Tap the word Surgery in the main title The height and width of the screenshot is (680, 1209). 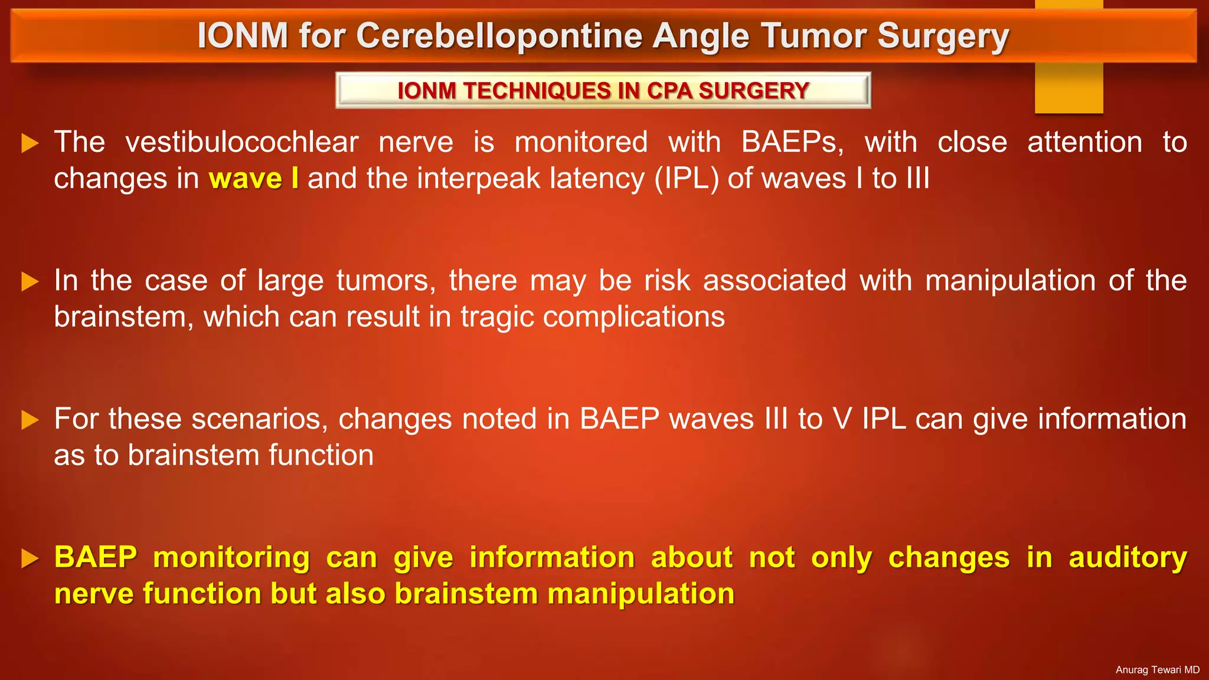pyautogui.click(x=943, y=37)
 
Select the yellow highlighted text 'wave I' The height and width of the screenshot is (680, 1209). pyautogui.click(x=253, y=178)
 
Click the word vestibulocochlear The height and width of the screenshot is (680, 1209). pyautogui.click(x=242, y=142)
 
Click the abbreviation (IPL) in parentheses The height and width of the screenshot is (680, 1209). pyautogui.click(x=686, y=178)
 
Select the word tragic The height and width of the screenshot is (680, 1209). pyautogui.click(x=497, y=317)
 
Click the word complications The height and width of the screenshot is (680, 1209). pyautogui.click(x=633, y=317)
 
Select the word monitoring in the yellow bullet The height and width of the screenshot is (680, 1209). pyautogui.click(x=231, y=558)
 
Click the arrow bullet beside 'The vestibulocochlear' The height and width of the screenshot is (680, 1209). pyautogui.click(x=30, y=143)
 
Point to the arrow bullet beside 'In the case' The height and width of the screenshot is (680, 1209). pyautogui.click(x=30, y=281)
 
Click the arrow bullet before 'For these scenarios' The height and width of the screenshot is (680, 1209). pyautogui.click(x=30, y=420)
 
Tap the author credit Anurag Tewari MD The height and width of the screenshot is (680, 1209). pyautogui.click(x=1157, y=670)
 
